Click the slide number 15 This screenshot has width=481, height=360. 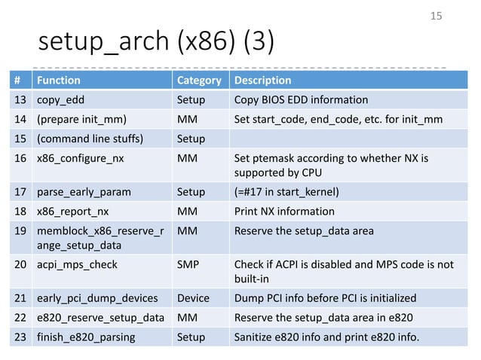point(436,16)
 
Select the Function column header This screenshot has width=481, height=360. point(59,81)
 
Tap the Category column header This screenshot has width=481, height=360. point(198,81)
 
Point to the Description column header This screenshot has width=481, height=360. point(263,81)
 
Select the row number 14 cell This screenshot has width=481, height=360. point(19,119)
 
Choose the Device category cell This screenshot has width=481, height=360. point(193,298)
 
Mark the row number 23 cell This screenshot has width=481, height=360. point(19,337)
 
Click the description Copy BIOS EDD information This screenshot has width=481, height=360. point(302,99)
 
